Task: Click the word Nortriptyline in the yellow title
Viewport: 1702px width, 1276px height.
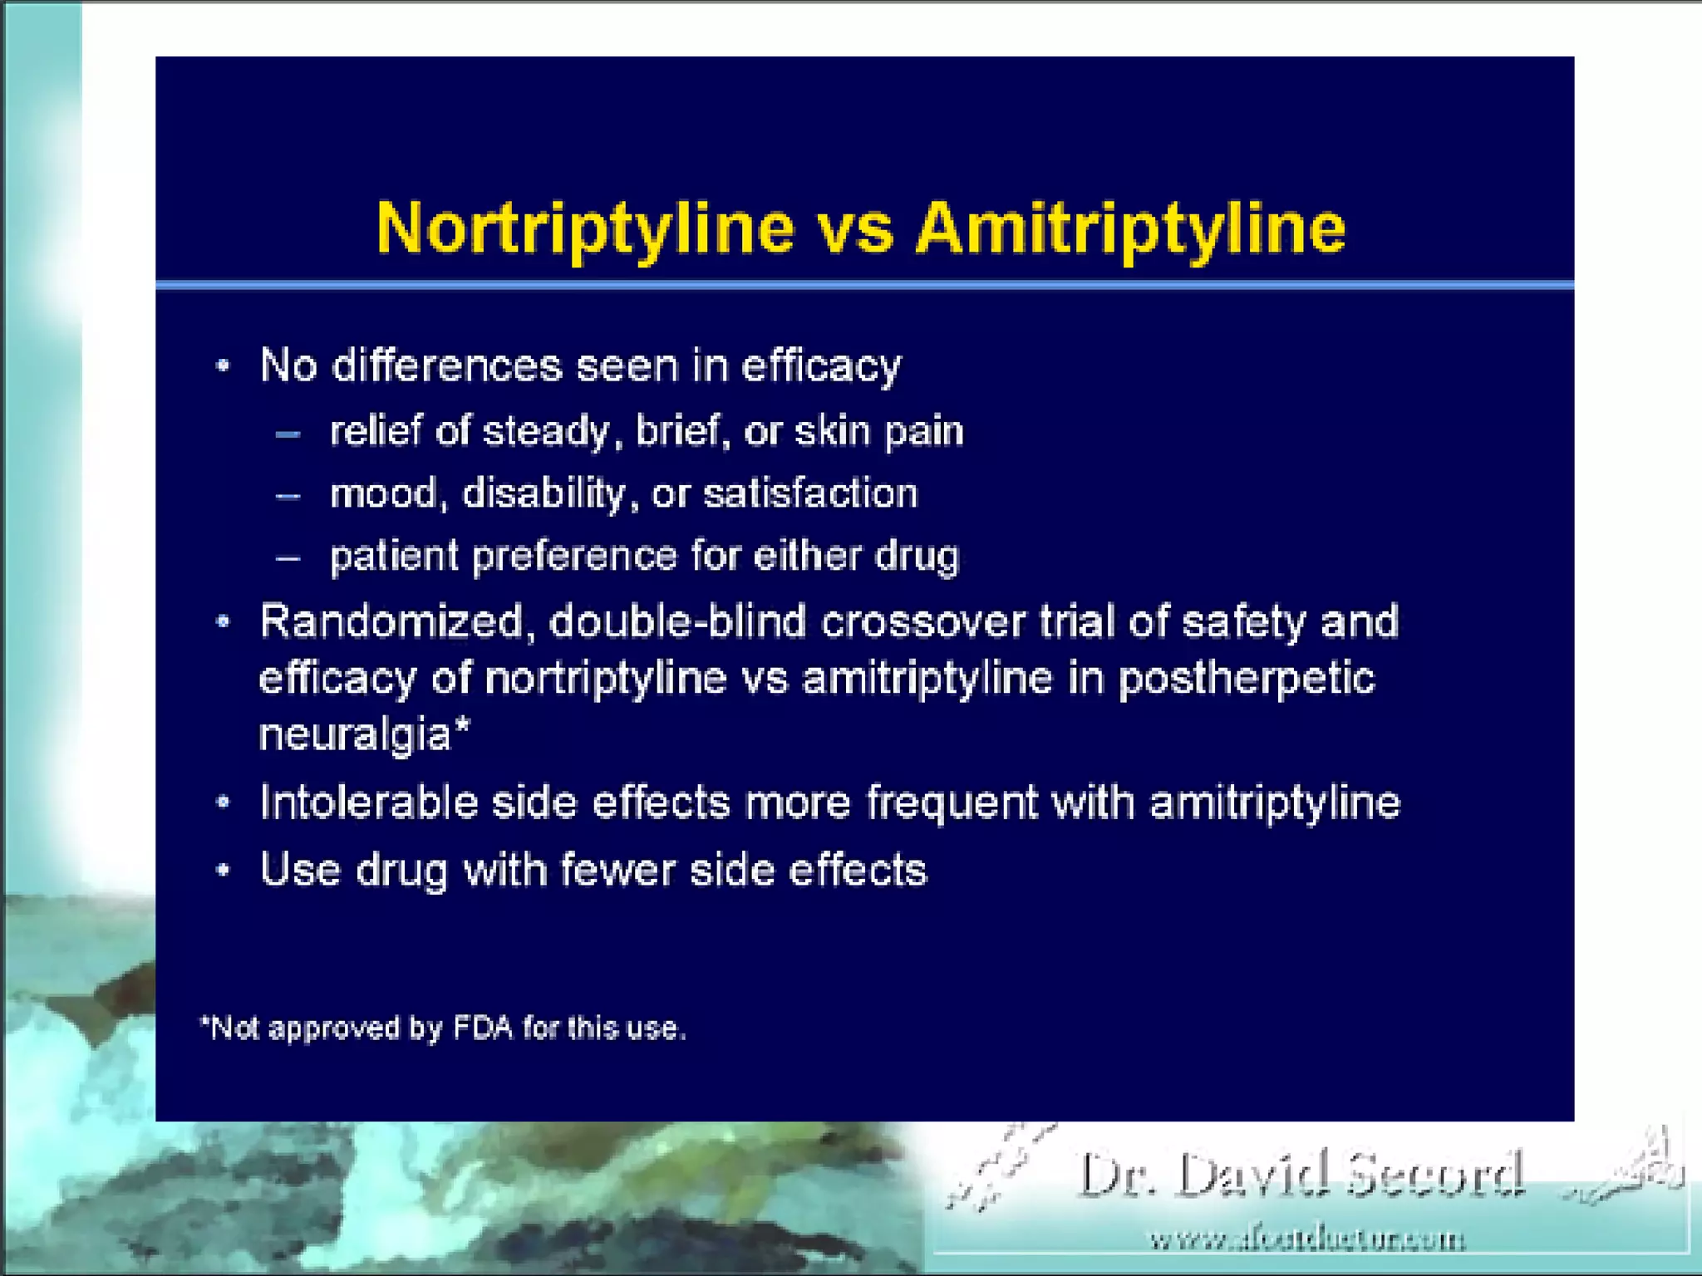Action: click(585, 229)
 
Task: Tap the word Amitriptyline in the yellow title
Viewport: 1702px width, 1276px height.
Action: click(1130, 229)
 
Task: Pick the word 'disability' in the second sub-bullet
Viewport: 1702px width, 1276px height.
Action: click(544, 494)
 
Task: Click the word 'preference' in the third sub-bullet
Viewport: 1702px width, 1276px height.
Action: click(574, 556)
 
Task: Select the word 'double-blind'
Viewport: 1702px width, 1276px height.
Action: click(677, 621)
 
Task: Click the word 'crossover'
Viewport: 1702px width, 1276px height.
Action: click(923, 621)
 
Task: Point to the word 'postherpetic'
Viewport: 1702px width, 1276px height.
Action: click(1247, 679)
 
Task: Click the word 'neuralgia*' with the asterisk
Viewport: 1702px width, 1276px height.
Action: click(365, 735)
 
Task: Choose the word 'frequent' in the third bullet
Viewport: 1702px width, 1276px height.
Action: click(952, 803)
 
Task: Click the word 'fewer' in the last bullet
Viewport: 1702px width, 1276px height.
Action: click(618, 871)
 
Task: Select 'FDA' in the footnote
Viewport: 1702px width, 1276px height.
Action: click(483, 1028)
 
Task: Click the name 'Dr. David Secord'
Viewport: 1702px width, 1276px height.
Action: click(1301, 1175)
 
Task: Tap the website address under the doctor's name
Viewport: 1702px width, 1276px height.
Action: click(1307, 1240)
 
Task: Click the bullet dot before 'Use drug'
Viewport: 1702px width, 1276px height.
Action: click(223, 871)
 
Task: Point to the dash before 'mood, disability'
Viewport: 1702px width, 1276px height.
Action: click(288, 496)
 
